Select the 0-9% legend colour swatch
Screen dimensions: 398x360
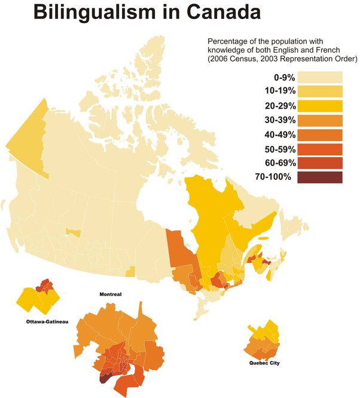(x=320, y=77)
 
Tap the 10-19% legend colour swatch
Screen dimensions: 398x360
(x=320, y=91)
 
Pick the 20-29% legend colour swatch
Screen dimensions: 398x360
(x=320, y=106)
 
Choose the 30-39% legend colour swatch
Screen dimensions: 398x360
(x=320, y=120)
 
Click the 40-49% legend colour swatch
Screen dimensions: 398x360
(x=320, y=134)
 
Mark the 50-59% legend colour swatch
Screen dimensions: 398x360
(x=320, y=149)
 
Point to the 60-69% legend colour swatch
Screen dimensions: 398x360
(x=320, y=163)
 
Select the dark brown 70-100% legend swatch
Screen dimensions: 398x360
(x=320, y=177)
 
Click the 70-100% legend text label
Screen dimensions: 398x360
(x=274, y=177)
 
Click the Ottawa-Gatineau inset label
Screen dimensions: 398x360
(x=47, y=322)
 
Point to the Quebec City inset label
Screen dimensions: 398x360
(x=264, y=363)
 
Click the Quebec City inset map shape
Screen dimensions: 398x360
(x=263, y=341)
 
